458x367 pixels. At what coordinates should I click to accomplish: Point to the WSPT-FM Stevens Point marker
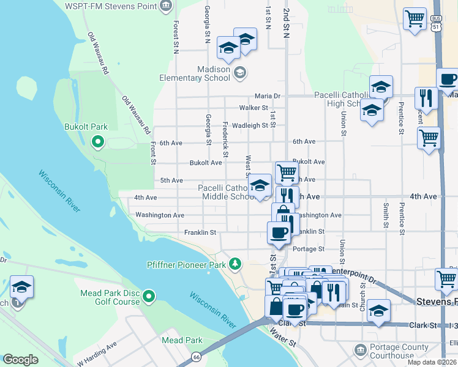[x=165, y=6]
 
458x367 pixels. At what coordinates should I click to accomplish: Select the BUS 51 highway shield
[x=436, y=23]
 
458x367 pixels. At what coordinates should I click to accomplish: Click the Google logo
[x=20, y=360]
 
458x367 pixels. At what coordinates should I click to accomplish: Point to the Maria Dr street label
[x=267, y=96]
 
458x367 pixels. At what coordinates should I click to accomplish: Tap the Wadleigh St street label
[x=250, y=125]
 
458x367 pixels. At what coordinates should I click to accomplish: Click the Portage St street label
[x=308, y=249]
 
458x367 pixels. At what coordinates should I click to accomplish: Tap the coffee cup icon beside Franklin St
[x=279, y=232]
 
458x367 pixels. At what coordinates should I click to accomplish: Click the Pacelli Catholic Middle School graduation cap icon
[x=261, y=185]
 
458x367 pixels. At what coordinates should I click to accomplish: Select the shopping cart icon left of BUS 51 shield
[x=415, y=19]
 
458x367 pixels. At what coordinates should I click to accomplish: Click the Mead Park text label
[x=182, y=340]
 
